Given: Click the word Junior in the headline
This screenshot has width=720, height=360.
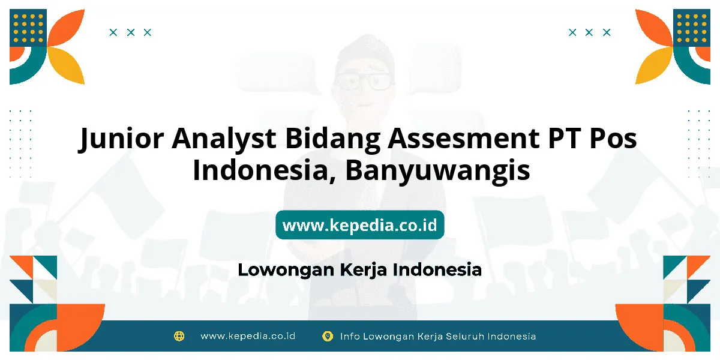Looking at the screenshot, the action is [121, 139].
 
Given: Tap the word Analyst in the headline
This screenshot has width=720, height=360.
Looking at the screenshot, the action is [224, 139].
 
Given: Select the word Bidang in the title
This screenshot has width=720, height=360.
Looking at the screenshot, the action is [332, 139].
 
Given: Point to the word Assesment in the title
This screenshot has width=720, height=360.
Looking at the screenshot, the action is [463, 138].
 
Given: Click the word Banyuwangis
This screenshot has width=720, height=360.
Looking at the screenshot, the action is [437, 171].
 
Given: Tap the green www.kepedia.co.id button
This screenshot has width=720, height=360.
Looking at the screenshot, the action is [360, 224].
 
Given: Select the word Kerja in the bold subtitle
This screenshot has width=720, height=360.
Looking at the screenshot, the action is [363, 270].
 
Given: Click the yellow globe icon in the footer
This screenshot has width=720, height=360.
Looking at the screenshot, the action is [179, 336].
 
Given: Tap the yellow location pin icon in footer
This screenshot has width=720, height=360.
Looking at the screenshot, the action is [328, 336].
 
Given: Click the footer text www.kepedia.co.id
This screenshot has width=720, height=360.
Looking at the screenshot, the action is [248, 336].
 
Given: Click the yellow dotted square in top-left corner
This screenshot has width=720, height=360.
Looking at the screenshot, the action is [28, 28].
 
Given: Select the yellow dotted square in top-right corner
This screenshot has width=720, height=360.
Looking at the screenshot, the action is [692, 28].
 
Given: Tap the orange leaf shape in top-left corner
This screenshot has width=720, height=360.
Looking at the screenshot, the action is [66, 28].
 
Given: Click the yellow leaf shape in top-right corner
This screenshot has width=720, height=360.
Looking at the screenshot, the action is [654, 66].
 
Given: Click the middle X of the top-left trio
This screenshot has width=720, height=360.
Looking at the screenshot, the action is [131, 32].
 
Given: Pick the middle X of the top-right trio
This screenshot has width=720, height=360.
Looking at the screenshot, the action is [589, 32].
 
